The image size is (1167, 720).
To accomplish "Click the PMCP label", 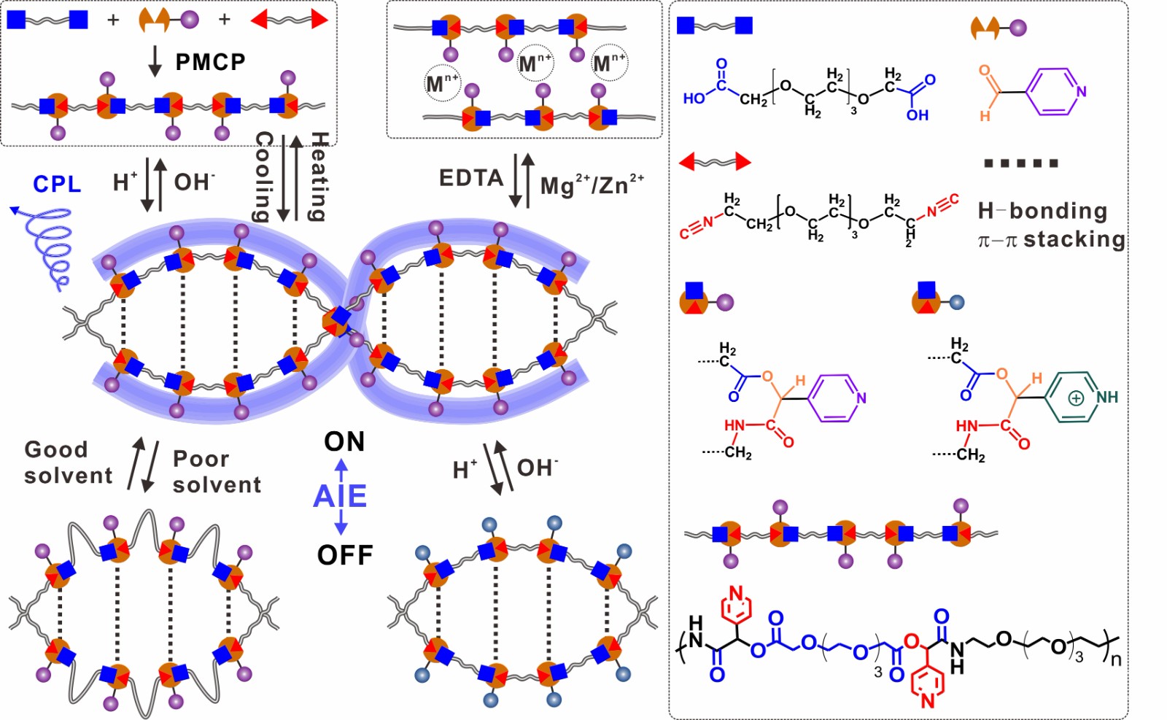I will click(x=210, y=62).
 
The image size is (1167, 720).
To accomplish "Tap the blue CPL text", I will click(x=57, y=184).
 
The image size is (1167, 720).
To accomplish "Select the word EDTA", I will click(x=471, y=178).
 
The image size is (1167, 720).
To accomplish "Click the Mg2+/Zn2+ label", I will click(x=592, y=185).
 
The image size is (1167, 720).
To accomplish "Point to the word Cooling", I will click(x=263, y=177).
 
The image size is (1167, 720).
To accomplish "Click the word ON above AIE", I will click(x=344, y=441).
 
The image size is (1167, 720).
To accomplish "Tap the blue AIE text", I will click(x=340, y=496).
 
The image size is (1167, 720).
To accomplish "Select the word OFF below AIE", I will click(x=345, y=555).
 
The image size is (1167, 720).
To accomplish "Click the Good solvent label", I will click(x=68, y=462).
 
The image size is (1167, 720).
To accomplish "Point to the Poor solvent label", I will click(x=217, y=471).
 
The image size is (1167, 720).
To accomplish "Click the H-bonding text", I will click(x=1042, y=212).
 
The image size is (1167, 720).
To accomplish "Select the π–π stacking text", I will click(x=1051, y=239).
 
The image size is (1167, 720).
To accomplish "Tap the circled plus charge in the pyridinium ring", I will click(x=1076, y=398).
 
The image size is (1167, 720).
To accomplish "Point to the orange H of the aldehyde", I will click(x=985, y=115).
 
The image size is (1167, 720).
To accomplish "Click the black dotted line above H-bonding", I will click(x=1020, y=163).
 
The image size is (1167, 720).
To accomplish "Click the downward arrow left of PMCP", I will click(x=155, y=61).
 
